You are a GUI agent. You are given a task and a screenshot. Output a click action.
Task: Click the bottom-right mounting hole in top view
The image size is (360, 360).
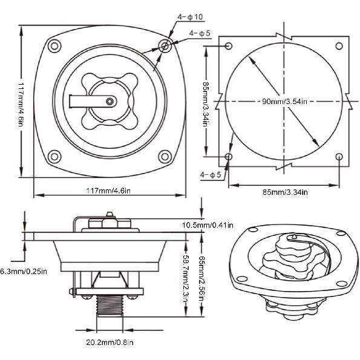pyautogui.click(x=164, y=157)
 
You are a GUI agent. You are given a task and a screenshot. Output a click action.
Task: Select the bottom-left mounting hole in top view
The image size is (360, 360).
pyautogui.click(x=53, y=157)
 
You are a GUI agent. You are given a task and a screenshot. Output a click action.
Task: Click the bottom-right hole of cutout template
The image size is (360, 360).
pyautogui.click(x=339, y=157)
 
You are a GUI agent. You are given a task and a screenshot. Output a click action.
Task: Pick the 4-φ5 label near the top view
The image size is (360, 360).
pyautogui.click(x=200, y=33)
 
